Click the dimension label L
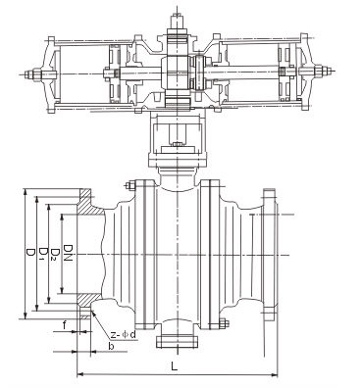(175, 366)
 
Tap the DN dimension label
(69, 253)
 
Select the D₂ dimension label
(56, 254)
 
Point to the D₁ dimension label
(42, 254)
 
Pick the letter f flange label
(65, 325)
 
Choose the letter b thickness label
(111, 346)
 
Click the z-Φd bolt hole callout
(123, 334)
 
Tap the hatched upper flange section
(90, 203)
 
